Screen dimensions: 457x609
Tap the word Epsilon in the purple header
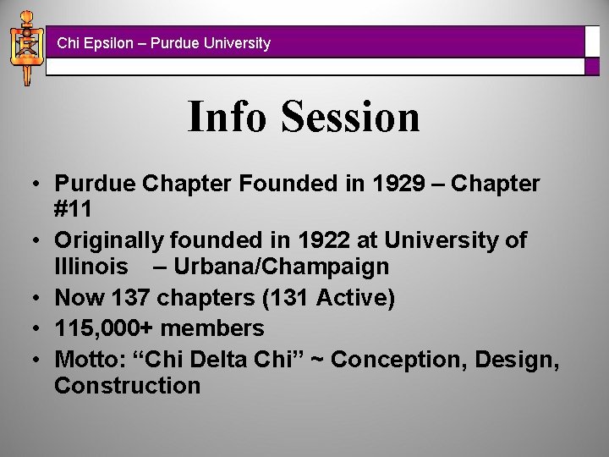click(104, 42)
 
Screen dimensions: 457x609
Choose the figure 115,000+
click(104, 328)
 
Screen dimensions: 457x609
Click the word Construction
click(127, 386)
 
